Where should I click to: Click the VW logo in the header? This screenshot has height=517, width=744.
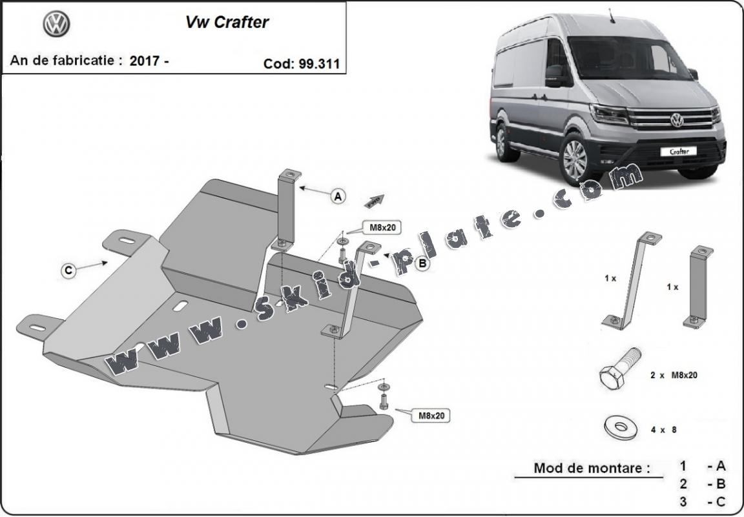pyautogui.click(x=56, y=25)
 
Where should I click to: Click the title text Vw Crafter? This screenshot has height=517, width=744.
pyautogui.click(x=227, y=22)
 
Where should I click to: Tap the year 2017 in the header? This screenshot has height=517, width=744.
pyautogui.click(x=145, y=61)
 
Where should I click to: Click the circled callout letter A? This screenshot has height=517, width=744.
pyautogui.click(x=338, y=196)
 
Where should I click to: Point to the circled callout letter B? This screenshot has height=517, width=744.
pyautogui.click(x=422, y=263)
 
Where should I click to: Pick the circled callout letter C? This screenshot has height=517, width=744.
pyautogui.click(x=68, y=271)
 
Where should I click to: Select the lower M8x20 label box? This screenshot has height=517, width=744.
pyautogui.click(x=430, y=416)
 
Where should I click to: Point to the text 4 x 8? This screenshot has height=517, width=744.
pyautogui.click(x=663, y=429)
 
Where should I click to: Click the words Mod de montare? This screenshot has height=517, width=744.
pyautogui.click(x=591, y=469)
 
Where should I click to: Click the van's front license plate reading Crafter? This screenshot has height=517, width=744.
pyautogui.click(x=678, y=152)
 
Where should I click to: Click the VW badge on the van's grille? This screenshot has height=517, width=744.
pyautogui.click(x=677, y=120)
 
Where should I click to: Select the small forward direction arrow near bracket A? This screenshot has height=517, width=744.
pyautogui.click(x=375, y=201)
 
